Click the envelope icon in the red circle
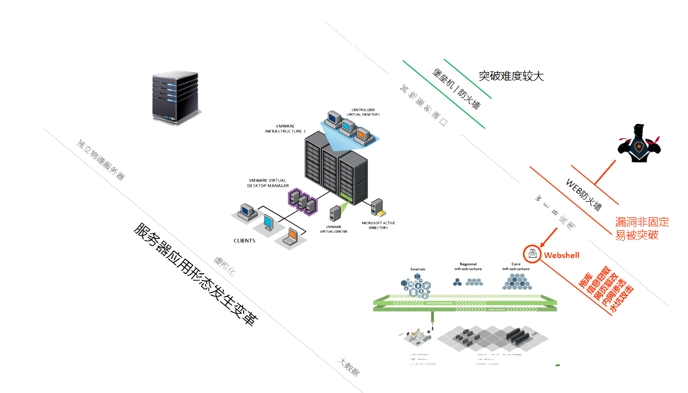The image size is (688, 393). point(532,253)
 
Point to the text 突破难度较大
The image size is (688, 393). point(511,76)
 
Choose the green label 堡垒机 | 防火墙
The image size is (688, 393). point(456,90)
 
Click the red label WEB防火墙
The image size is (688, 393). point(583,194)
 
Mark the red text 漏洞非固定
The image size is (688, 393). point(642,222)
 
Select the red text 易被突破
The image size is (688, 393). point(637,235)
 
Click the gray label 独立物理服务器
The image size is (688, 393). point(101,160)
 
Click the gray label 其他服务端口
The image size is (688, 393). point(424,106)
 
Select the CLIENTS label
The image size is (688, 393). point(244,241)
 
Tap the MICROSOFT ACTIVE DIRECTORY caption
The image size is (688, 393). point(378,225)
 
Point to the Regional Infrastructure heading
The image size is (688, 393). point(468,266)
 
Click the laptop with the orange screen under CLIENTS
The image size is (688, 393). point(291,236)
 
